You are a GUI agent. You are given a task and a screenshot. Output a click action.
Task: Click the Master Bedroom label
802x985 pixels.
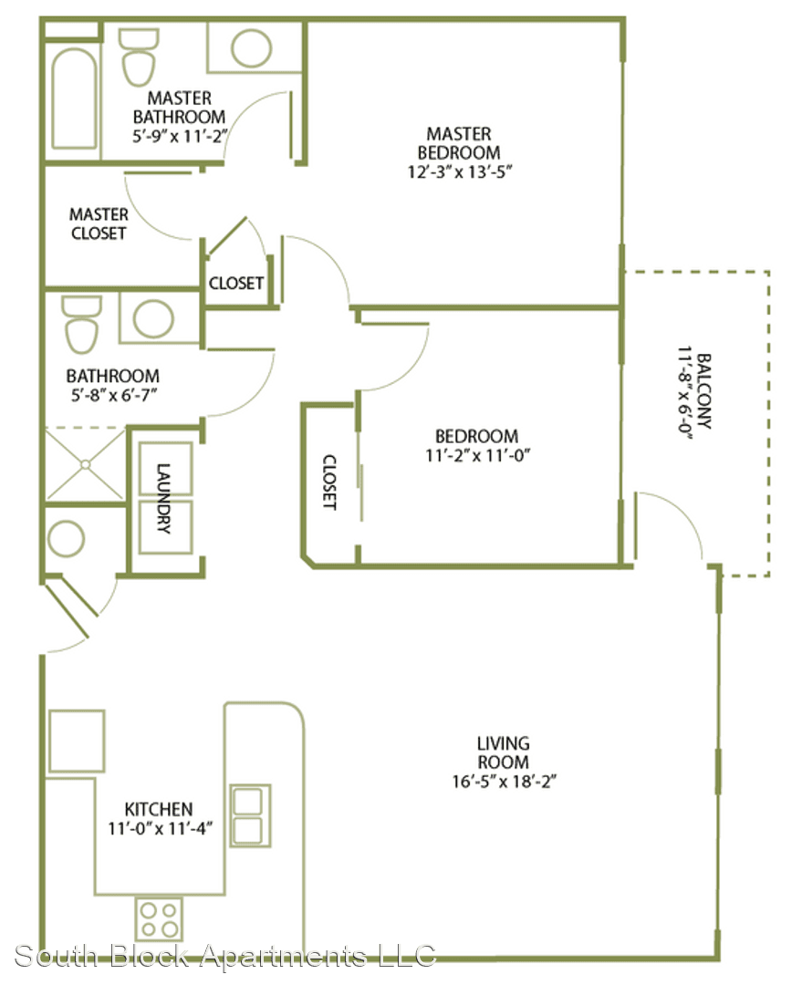tap(459, 143)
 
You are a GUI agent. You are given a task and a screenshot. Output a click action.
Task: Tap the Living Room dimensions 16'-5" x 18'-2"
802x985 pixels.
tap(504, 782)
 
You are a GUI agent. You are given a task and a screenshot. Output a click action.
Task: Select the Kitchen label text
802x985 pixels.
tap(159, 809)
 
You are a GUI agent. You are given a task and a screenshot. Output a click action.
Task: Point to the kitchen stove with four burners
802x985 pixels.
tap(159, 919)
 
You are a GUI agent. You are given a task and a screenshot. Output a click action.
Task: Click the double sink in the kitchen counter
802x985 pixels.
tap(250, 815)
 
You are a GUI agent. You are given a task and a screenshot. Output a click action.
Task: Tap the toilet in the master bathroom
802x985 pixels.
tap(139, 57)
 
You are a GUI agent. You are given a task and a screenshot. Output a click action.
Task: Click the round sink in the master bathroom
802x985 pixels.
tap(252, 48)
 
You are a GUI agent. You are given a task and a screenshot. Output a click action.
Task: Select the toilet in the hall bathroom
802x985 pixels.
tap(82, 325)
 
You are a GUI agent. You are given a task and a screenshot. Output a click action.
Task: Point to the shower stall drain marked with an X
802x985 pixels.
tap(86, 464)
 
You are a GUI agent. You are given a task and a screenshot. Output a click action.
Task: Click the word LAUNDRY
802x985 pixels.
tap(163, 498)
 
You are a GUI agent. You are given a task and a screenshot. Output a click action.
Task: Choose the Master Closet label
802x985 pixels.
tap(99, 223)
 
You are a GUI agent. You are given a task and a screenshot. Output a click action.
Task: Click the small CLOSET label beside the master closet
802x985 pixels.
tap(236, 284)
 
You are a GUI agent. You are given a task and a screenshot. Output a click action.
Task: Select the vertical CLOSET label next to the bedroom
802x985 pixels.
tap(329, 482)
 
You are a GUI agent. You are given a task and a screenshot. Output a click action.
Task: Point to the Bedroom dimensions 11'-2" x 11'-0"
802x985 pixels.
tap(478, 455)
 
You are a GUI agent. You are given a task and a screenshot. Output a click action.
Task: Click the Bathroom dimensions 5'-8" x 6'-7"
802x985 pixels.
tap(113, 395)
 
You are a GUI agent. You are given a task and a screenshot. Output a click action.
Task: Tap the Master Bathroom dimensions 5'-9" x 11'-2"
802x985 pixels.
tap(179, 136)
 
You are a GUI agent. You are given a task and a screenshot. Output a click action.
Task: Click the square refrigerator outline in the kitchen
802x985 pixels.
tap(77, 741)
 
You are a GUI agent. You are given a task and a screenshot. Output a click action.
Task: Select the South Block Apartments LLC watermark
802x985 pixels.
tap(225, 956)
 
